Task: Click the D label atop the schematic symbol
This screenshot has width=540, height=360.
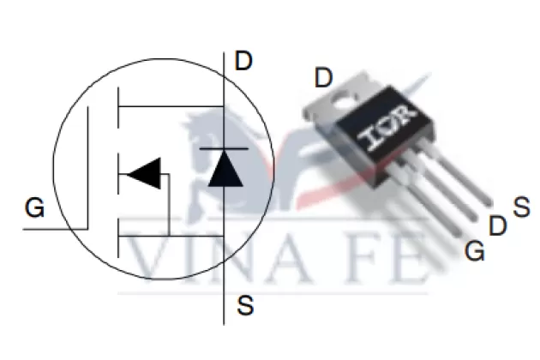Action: [x=243, y=61]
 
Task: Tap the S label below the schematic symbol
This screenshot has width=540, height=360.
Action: [x=245, y=305]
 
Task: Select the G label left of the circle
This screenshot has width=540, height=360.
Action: [x=35, y=207]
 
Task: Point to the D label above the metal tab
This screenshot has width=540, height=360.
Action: [x=324, y=77]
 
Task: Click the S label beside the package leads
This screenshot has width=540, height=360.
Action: [x=521, y=207]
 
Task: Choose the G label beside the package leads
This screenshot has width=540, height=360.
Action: [x=475, y=250]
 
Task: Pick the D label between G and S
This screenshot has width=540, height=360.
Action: [x=498, y=225]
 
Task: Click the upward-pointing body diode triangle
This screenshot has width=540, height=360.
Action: [x=225, y=169]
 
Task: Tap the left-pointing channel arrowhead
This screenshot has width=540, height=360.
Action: [x=143, y=173]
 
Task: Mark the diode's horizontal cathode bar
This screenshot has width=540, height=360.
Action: [x=224, y=149]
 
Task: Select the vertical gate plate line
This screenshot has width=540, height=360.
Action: [x=87, y=168]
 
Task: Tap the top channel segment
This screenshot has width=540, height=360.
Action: [x=118, y=108]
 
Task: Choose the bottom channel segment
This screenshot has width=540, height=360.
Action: [x=118, y=237]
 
